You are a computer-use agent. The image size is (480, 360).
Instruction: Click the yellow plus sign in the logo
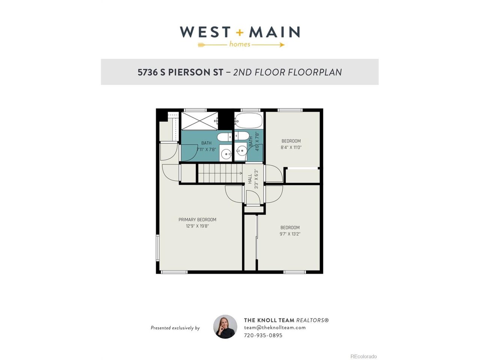coord(240,33)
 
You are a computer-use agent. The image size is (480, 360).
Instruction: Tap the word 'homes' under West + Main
coord(240,44)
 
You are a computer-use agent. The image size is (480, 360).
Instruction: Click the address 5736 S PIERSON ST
coord(180,72)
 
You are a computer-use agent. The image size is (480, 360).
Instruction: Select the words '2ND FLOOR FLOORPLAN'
coord(287,72)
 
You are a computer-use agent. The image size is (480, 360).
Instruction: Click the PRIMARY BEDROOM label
coord(197,220)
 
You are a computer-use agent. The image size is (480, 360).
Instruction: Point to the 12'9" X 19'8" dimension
coord(197,226)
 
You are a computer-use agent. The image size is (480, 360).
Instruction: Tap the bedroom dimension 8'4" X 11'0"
coord(291,147)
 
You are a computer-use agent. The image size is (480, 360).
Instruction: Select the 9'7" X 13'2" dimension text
coord(290,234)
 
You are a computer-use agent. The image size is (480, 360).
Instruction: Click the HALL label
coord(250,179)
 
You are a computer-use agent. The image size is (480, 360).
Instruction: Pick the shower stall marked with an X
coord(199,121)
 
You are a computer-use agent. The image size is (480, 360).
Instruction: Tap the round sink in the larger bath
coord(226,154)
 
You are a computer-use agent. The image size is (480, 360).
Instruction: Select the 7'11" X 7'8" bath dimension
coord(206,150)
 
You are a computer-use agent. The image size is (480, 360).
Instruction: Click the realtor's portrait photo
coord(225,327)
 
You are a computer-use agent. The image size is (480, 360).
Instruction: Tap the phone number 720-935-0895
coord(263,335)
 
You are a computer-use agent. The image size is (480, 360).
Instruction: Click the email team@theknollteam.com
coord(275,328)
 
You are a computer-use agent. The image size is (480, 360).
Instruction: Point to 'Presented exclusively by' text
coord(175,328)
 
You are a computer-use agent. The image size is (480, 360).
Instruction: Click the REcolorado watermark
coord(363,356)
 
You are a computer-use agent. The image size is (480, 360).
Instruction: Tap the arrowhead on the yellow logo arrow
coord(282,45)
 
